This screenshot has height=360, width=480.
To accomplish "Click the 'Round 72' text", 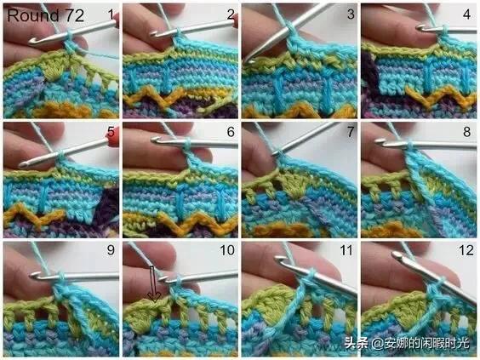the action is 45,15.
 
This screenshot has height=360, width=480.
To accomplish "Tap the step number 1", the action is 111,14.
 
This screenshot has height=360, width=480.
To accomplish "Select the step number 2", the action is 231,14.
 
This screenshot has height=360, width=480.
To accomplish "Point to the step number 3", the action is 351,14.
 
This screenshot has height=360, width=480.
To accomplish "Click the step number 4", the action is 467,14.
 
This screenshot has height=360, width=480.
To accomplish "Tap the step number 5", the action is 111,132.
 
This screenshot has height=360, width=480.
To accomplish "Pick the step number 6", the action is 231,132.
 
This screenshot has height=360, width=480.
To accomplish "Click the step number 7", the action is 351,132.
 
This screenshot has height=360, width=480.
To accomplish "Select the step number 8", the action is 467,132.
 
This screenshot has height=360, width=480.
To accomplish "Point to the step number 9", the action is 111,250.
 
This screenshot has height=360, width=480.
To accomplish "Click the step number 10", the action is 227,250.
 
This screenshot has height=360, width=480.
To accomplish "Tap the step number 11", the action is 347,250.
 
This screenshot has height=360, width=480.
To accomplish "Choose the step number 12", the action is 466,250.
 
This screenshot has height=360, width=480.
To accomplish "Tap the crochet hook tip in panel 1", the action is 31,42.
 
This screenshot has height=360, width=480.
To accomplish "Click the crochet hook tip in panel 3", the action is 247,61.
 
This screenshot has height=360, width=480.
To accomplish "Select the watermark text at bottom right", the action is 407,343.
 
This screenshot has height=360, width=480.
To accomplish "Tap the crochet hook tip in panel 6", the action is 155,140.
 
